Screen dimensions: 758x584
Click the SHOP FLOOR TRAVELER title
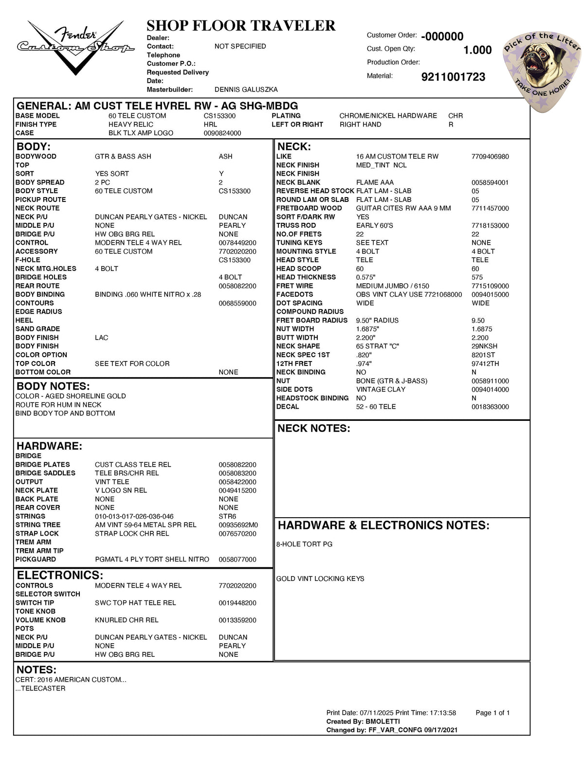pos(241,25)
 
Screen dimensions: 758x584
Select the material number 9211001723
pos(453,77)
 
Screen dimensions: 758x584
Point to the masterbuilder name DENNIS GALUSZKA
pos(246,90)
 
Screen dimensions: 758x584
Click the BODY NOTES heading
pos(53,386)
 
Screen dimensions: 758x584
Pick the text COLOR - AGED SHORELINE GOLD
pos(71,396)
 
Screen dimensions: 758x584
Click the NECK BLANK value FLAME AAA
pos(375,182)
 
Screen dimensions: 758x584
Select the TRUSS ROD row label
pos(296,225)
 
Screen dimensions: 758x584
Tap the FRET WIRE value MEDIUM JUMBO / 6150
pos(392,286)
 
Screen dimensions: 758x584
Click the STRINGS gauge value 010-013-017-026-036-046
pos(134,516)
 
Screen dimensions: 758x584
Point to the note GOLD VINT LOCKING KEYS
pos(320,578)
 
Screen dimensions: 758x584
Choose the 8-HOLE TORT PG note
pos(304,544)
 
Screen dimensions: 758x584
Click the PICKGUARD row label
pos(36,559)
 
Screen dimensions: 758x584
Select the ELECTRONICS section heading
pos(60,575)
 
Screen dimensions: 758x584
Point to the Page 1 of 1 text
pos(493,713)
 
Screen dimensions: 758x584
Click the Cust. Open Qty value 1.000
pos(477,50)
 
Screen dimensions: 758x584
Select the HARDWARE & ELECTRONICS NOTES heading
pos(383,525)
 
